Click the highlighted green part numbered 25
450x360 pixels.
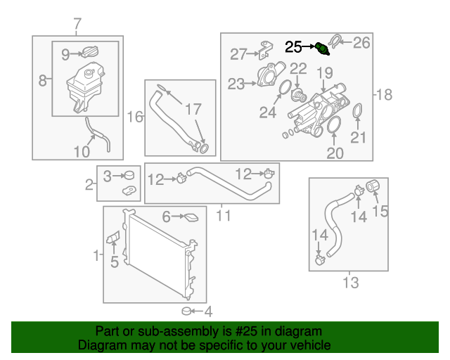click(322, 49)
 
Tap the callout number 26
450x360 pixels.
click(361, 43)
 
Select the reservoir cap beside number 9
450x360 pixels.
click(90, 52)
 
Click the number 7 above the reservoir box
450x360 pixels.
click(77, 25)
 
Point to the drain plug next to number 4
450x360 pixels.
click(187, 311)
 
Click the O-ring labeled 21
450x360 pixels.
click(357, 112)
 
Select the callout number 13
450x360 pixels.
click(350, 283)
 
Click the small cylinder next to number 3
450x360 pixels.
click(129, 175)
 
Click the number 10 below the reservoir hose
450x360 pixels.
click(82, 151)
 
